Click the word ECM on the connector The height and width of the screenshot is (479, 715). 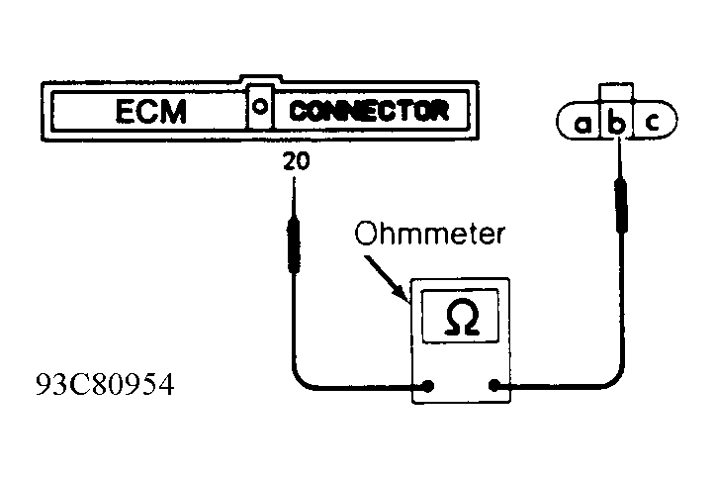(x=151, y=111)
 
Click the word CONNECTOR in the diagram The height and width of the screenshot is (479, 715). (x=369, y=111)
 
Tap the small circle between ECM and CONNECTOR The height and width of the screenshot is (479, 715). (x=260, y=107)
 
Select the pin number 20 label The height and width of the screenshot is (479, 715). (x=297, y=161)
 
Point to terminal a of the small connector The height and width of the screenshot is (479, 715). (x=581, y=124)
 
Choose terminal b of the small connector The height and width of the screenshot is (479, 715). (x=616, y=123)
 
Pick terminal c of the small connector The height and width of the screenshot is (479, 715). (x=653, y=122)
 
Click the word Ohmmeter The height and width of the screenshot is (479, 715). (x=430, y=234)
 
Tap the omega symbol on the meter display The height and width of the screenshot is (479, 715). (x=462, y=318)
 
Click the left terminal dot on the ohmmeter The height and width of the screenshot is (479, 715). (x=428, y=386)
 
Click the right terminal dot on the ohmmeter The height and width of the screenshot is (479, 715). (x=493, y=386)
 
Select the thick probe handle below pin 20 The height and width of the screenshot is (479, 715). (x=294, y=245)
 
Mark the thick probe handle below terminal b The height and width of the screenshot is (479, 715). (x=621, y=205)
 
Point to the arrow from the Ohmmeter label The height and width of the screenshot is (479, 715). (x=386, y=278)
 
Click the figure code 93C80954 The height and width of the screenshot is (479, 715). (x=105, y=385)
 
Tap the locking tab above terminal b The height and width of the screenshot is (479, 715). (x=616, y=92)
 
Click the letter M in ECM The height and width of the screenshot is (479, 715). (x=173, y=112)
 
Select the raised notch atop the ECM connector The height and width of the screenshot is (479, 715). (x=261, y=78)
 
